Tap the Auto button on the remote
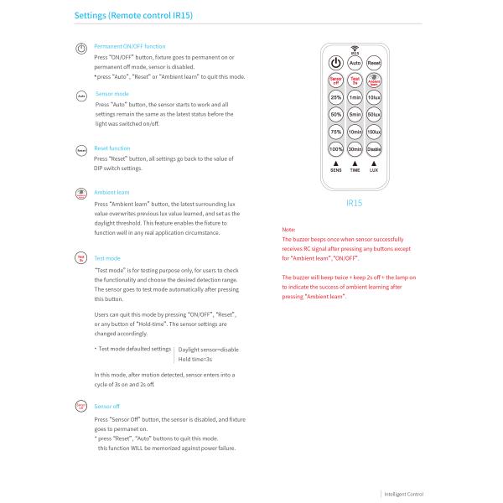tap(355, 63)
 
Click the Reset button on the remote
tap(374, 63)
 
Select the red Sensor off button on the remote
tap(335, 81)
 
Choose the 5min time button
tap(355, 113)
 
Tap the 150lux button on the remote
tap(374, 131)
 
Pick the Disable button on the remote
tap(374, 148)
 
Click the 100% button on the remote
tap(335, 148)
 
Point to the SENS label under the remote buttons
tap(335, 169)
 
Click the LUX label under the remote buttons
tap(374, 169)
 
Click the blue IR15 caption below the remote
tap(354, 203)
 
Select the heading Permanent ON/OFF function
tap(129, 46)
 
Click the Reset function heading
tap(112, 148)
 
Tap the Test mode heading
tap(107, 258)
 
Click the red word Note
tap(288, 229)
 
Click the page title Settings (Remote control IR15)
tap(137, 16)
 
